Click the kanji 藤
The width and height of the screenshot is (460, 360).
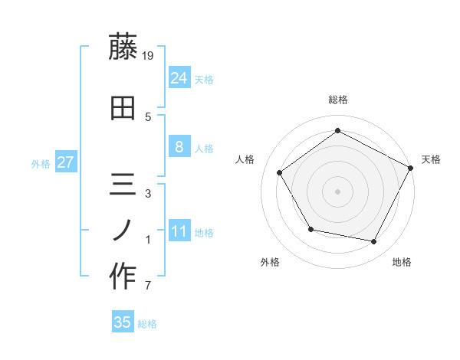pyautogui.click(x=123, y=48)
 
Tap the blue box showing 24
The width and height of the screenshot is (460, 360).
pyautogui.click(x=179, y=77)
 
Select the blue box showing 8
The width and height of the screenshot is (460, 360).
pyautogui.click(x=179, y=147)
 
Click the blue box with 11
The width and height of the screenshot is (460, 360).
pyautogui.click(x=179, y=231)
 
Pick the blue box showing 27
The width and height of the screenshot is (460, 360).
pyautogui.click(x=66, y=162)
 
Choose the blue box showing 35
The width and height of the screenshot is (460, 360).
pyautogui.click(x=123, y=322)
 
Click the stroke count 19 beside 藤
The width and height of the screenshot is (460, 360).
pyautogui.click(x=149, y=54)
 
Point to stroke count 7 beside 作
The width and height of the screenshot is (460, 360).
pyautogui.click(x=148, y=286)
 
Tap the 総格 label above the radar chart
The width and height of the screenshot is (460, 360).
pyautogui.click(x=337, y=100)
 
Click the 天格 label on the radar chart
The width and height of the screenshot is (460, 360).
pyautogui.click(x=431, y=159)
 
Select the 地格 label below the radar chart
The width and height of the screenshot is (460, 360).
pyautogui.click(x=402, y=262)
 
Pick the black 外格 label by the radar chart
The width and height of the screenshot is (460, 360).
pyautogui.click(x=270, y=262)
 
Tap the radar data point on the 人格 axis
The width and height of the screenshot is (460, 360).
pyautogui.click(x=280, y=172)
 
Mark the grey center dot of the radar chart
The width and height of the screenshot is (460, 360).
pyautogui.click(x=337, y=191)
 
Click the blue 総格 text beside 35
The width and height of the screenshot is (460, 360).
pyautogui.click(x=147, y=324)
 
